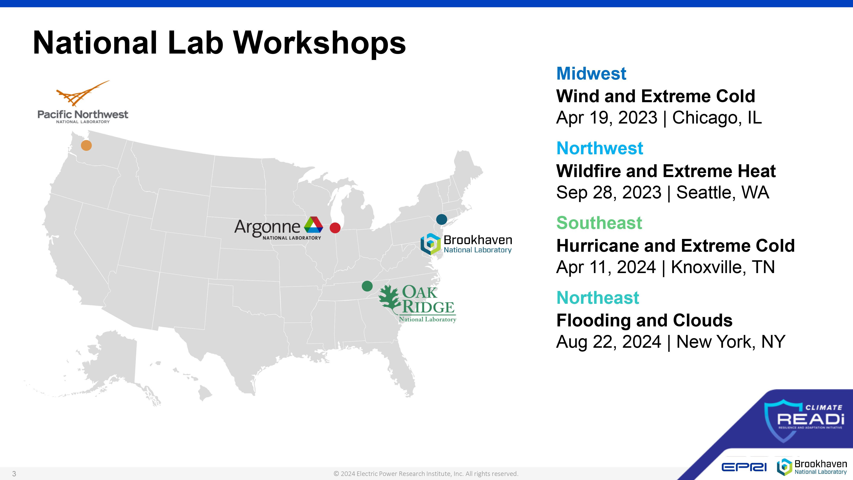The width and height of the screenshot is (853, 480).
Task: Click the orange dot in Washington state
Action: coord(86,145)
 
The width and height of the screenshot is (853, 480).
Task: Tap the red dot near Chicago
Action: coord(335,228)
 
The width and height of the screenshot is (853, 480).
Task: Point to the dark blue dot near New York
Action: coord(442,219)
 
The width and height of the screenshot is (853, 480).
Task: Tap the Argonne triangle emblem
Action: coord(313,225)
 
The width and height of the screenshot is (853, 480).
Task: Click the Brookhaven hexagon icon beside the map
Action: coord(431,244)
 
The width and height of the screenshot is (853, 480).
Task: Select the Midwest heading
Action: coord(591,74)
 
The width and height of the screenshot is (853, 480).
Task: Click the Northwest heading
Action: coord(600,148)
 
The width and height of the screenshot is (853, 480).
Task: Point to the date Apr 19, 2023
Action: coord(607,118)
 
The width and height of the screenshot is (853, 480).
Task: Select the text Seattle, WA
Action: coord(722,192)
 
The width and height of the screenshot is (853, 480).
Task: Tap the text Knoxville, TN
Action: coord(723,267)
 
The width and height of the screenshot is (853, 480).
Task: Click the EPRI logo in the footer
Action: coord(744,467)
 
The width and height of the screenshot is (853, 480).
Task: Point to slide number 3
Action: coord(14,474)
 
